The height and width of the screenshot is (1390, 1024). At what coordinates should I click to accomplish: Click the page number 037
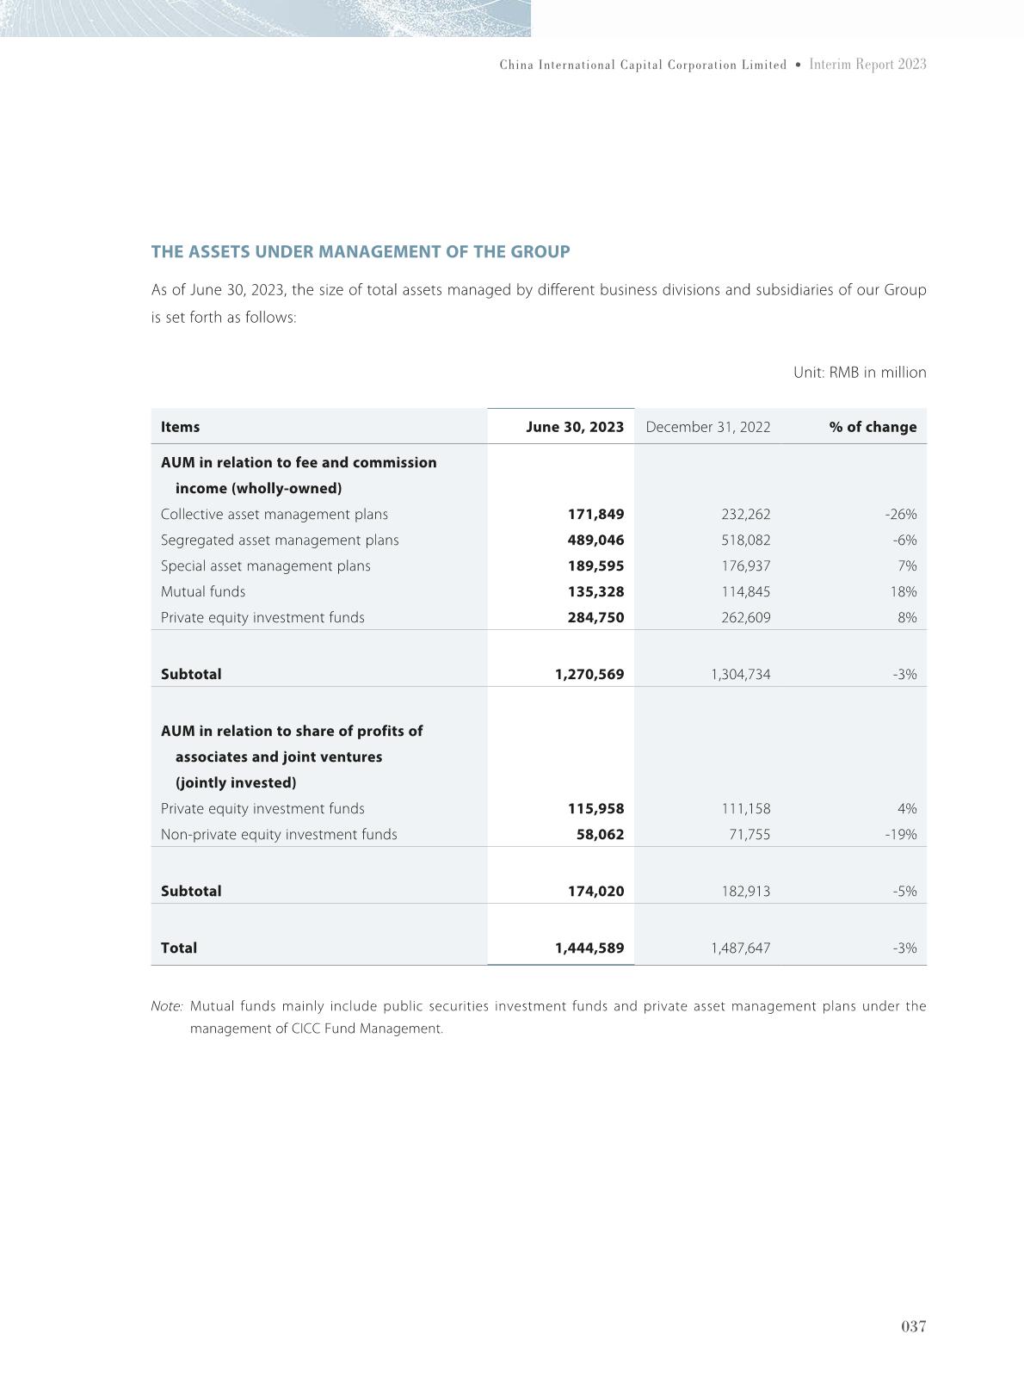pos(913,1326)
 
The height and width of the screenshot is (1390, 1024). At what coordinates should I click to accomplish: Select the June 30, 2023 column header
pos(575,427)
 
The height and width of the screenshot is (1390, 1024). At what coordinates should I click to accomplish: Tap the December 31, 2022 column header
pos(707,427)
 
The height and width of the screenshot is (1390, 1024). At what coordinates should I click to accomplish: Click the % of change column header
pos(873,427)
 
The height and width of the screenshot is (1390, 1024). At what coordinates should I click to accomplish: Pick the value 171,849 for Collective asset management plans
pos(595,514)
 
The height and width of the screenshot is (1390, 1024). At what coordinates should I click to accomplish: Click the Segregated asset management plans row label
pos(280,540)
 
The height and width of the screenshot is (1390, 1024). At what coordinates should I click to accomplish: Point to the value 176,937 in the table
pos(745,565)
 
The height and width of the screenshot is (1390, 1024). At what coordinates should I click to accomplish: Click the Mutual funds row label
pos(203,591)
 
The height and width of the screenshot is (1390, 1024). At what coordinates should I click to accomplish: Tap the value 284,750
pos(595,617)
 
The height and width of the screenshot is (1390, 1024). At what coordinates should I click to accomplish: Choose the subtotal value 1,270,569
pos(589,674)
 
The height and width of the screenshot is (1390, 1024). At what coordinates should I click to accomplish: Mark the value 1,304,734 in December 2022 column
pos(740,674)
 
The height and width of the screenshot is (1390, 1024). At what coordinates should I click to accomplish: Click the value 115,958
pos(595,808)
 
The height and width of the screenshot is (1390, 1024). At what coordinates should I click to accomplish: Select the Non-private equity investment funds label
pos(279,834)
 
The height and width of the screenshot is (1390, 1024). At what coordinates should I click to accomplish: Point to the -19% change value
pos(901,834)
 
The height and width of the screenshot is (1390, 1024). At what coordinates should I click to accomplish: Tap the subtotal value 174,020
pos(595,891)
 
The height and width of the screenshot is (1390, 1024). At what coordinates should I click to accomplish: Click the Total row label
pos(179,948)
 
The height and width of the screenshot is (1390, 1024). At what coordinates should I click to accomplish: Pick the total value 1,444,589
pos(589,948)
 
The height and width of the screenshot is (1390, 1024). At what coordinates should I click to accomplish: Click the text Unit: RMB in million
pos(859,373)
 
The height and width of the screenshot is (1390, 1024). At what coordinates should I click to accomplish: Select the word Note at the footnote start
pos(166,1006)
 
